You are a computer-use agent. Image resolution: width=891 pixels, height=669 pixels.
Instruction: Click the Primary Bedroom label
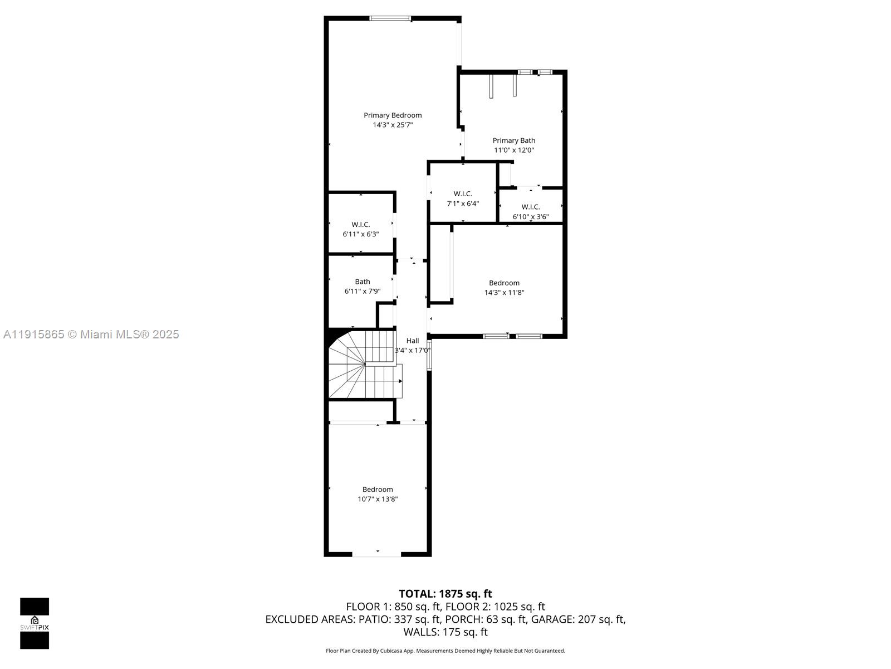[393, 115]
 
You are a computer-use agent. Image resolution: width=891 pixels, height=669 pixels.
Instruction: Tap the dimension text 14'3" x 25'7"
[393, 125]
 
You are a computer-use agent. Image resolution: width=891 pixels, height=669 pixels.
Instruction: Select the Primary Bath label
[513, 140]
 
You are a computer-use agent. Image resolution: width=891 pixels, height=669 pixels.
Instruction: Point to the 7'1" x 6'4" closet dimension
[463, 203]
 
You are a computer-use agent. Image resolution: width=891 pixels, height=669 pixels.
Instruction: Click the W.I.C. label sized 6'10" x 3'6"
[530, 207]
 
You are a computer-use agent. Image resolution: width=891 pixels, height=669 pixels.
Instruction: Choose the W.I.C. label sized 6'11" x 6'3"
[360, 224]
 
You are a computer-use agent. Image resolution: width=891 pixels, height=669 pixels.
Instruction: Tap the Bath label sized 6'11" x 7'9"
[362, 282]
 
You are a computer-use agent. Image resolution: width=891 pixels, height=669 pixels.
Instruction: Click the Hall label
[412, 341]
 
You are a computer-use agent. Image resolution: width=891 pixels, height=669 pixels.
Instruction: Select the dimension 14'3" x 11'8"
[504, 293]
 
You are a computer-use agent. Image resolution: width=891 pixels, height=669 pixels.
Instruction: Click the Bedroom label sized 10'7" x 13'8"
[378, 489]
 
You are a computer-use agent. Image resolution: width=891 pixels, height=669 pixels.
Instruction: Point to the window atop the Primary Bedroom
[390, 18]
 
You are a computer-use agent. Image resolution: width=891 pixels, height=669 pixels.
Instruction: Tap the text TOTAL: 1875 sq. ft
[445, 594]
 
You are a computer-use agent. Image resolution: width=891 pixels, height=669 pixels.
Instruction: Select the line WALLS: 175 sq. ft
[445, 632]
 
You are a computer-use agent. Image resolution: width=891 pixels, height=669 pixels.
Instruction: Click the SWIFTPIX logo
[35, 623]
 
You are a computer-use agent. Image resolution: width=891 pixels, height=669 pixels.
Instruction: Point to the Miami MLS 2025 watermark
[91, 334]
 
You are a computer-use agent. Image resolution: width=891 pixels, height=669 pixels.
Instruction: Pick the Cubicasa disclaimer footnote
[445, 651]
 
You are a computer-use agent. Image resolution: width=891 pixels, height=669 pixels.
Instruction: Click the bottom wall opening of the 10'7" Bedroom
[377, 554]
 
